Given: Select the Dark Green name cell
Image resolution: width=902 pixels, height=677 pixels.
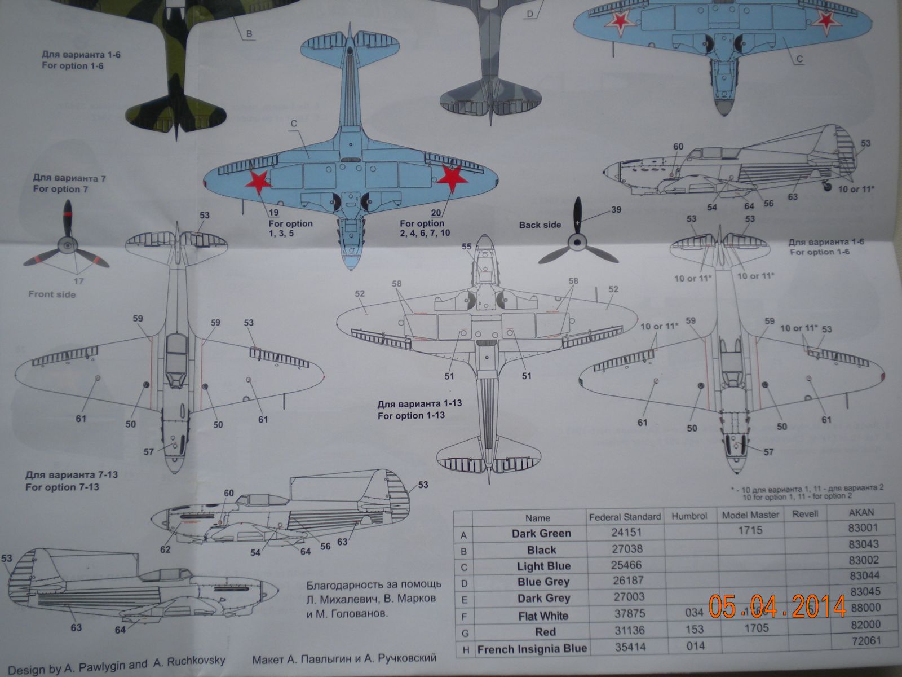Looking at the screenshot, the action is (541, 533).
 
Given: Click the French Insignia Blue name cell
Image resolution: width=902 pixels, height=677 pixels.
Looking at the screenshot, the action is (532, 649).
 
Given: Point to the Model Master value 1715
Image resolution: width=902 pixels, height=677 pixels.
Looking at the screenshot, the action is (749, 530).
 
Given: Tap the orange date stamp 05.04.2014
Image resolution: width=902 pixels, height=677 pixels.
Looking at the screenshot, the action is (777, 606).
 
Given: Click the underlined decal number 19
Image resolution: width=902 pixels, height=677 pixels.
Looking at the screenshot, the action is (274, 213).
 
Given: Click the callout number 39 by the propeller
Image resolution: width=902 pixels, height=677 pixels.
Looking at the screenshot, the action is (616, 210).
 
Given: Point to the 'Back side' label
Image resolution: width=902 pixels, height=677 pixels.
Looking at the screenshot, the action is (540, 225).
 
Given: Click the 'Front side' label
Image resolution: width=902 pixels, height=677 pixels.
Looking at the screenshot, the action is (52, 294).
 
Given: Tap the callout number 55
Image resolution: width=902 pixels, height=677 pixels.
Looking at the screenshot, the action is (466, 247).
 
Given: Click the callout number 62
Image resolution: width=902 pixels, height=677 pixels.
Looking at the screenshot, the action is (165, 549).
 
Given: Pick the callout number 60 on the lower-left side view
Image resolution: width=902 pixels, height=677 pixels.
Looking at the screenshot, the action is (228, 493).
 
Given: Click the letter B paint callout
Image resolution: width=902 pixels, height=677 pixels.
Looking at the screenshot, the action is (249, 34).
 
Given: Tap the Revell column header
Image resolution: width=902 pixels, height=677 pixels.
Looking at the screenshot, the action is (804, 514).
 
